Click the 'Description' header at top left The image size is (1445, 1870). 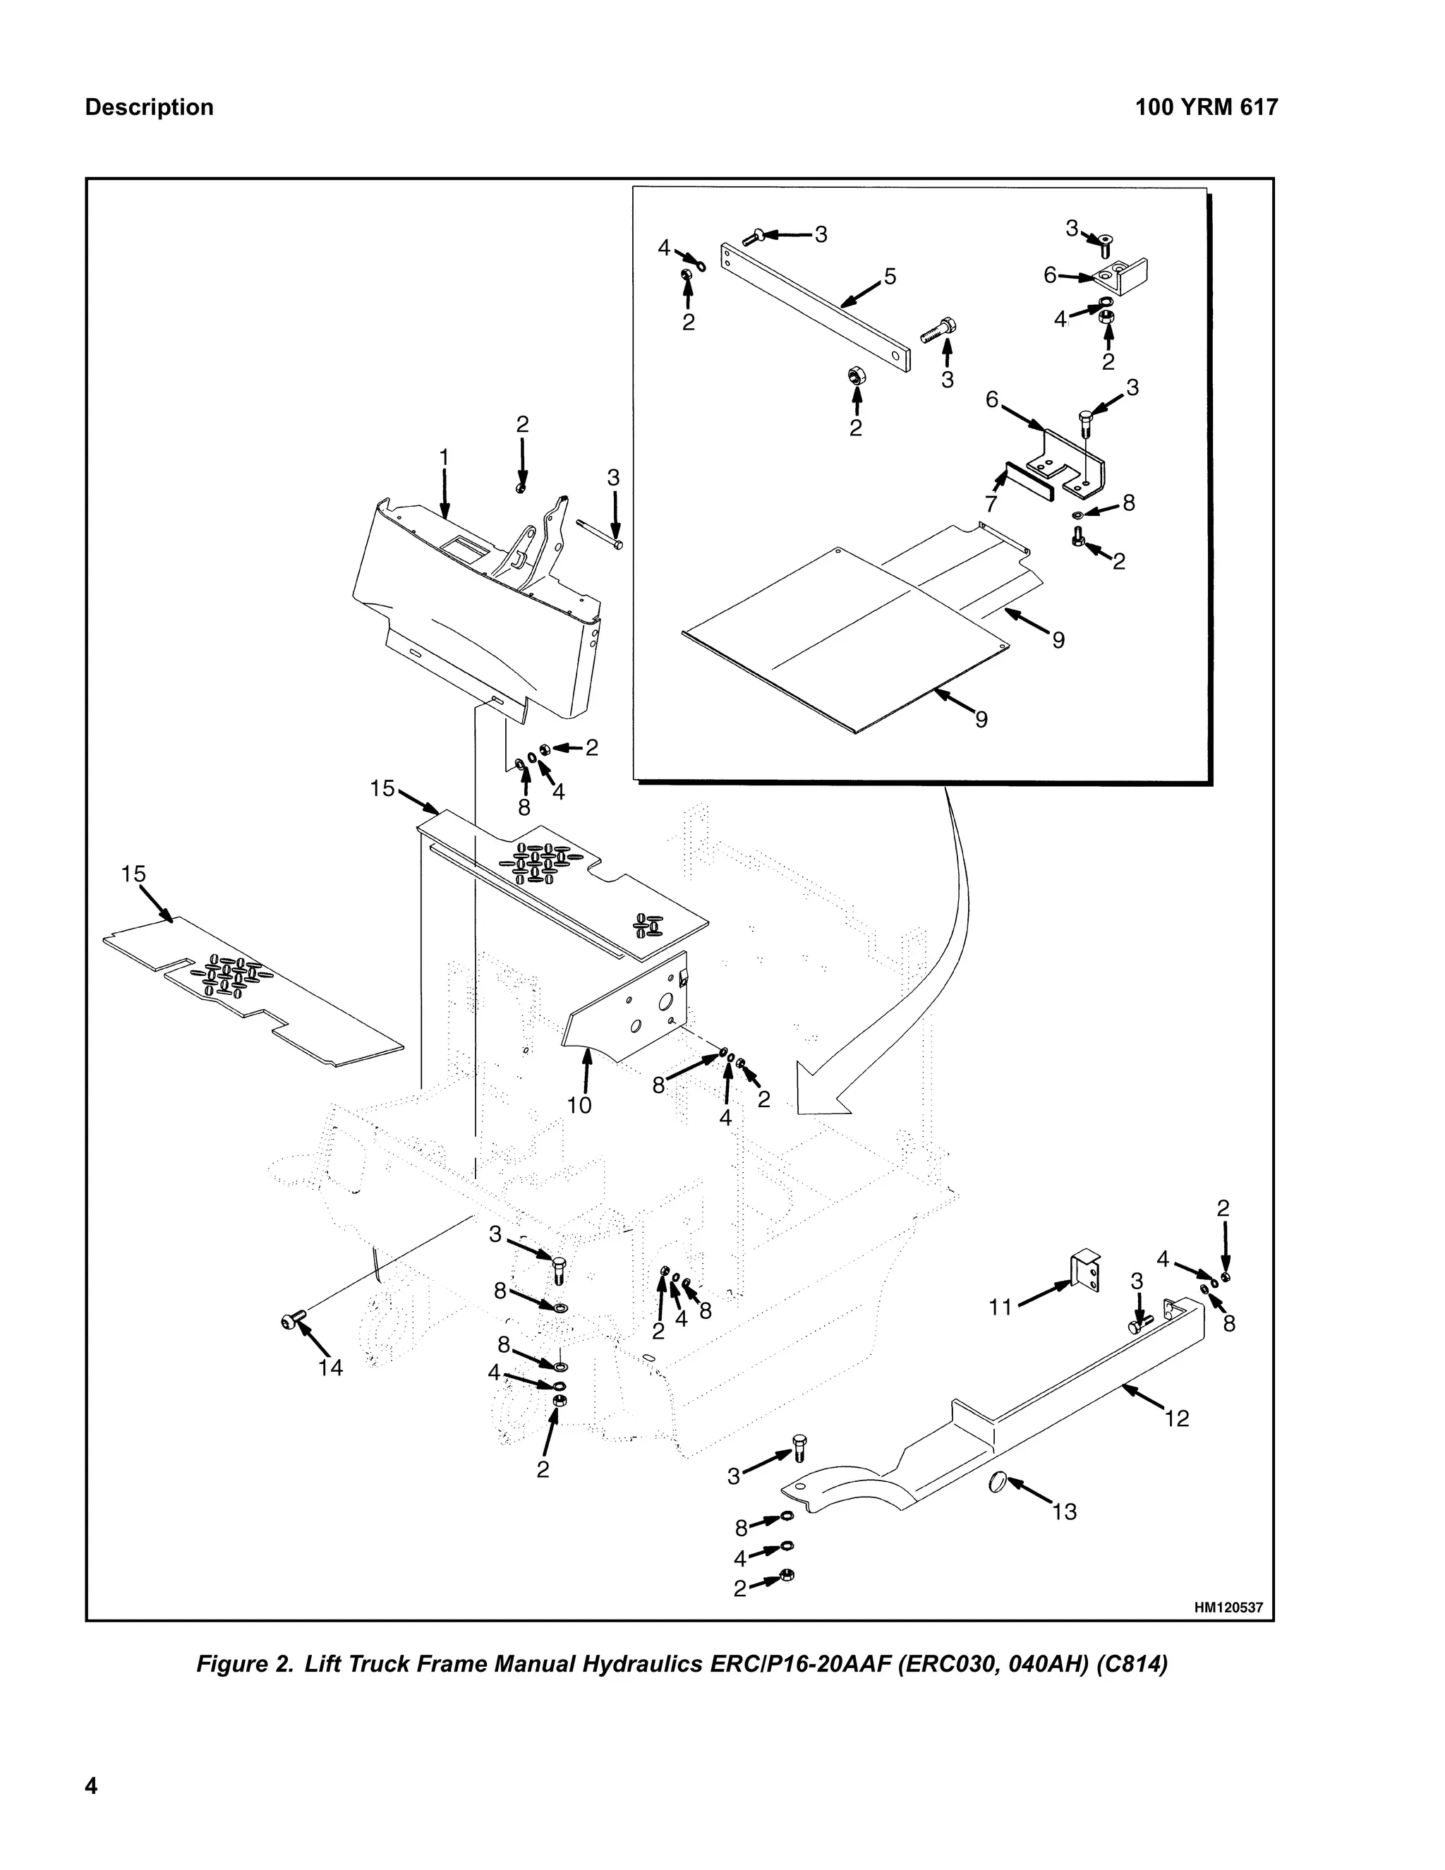click(149, 108)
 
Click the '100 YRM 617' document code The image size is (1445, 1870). click(1205, 108)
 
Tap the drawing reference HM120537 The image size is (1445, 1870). click(1228, 1608)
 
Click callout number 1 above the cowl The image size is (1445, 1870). click(443, 458)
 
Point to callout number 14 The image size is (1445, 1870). click(329, 1368)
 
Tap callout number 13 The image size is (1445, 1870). click(1064, 1512)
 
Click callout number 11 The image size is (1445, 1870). click(1000, 1307)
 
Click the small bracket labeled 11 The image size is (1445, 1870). click(1085, 1272)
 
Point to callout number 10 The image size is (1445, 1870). click(579, 1105)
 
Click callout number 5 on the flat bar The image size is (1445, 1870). click(890, 277)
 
